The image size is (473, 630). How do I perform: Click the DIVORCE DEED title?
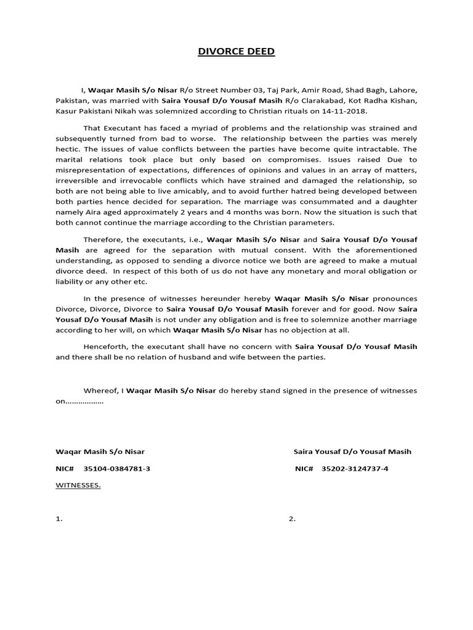[x=236, y=52]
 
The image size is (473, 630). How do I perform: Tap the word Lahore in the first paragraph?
[x=401, y=89]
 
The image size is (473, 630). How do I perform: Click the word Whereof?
[x=100, y=391]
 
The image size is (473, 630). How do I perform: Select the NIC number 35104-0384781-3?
[x=117, y=469]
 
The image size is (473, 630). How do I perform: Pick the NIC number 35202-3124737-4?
[x=355, y=469]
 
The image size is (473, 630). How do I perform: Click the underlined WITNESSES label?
[x=78, y=485]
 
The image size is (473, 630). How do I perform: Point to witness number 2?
[x=292, y=519]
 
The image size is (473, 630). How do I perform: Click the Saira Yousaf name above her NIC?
[x=352, y=452]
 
